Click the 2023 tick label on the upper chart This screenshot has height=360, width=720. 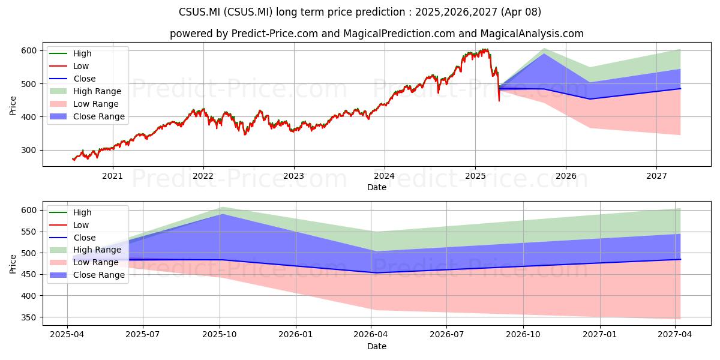coord(294,176)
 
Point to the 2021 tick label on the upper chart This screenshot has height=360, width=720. coord(113,176)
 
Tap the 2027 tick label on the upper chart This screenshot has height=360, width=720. coord(656,176)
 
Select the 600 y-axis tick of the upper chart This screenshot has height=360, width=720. coord(29,51)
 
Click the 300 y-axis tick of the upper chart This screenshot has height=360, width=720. coord(29,151)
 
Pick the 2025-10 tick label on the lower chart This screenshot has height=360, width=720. coord(220,335)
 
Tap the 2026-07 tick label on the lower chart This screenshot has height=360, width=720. coord(447,335)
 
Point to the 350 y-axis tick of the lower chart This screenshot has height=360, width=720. coord(29,317)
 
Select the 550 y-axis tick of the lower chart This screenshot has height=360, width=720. coord(29,232)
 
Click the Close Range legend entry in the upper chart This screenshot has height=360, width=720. coord(87,116)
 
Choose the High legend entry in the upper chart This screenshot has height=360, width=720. coord(70,53)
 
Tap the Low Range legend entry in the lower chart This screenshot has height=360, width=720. coord(84,262)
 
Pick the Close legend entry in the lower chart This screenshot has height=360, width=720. coord(73,238)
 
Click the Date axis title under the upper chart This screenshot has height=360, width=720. coord(377,187)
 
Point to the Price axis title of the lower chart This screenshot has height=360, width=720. coord(13,264)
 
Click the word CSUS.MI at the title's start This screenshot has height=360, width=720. coord(199,12)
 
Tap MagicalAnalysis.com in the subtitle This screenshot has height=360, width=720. coord(532,34)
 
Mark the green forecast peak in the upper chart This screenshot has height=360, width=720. coord(544,49)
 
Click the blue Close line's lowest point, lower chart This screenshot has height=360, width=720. coord(371,273)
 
